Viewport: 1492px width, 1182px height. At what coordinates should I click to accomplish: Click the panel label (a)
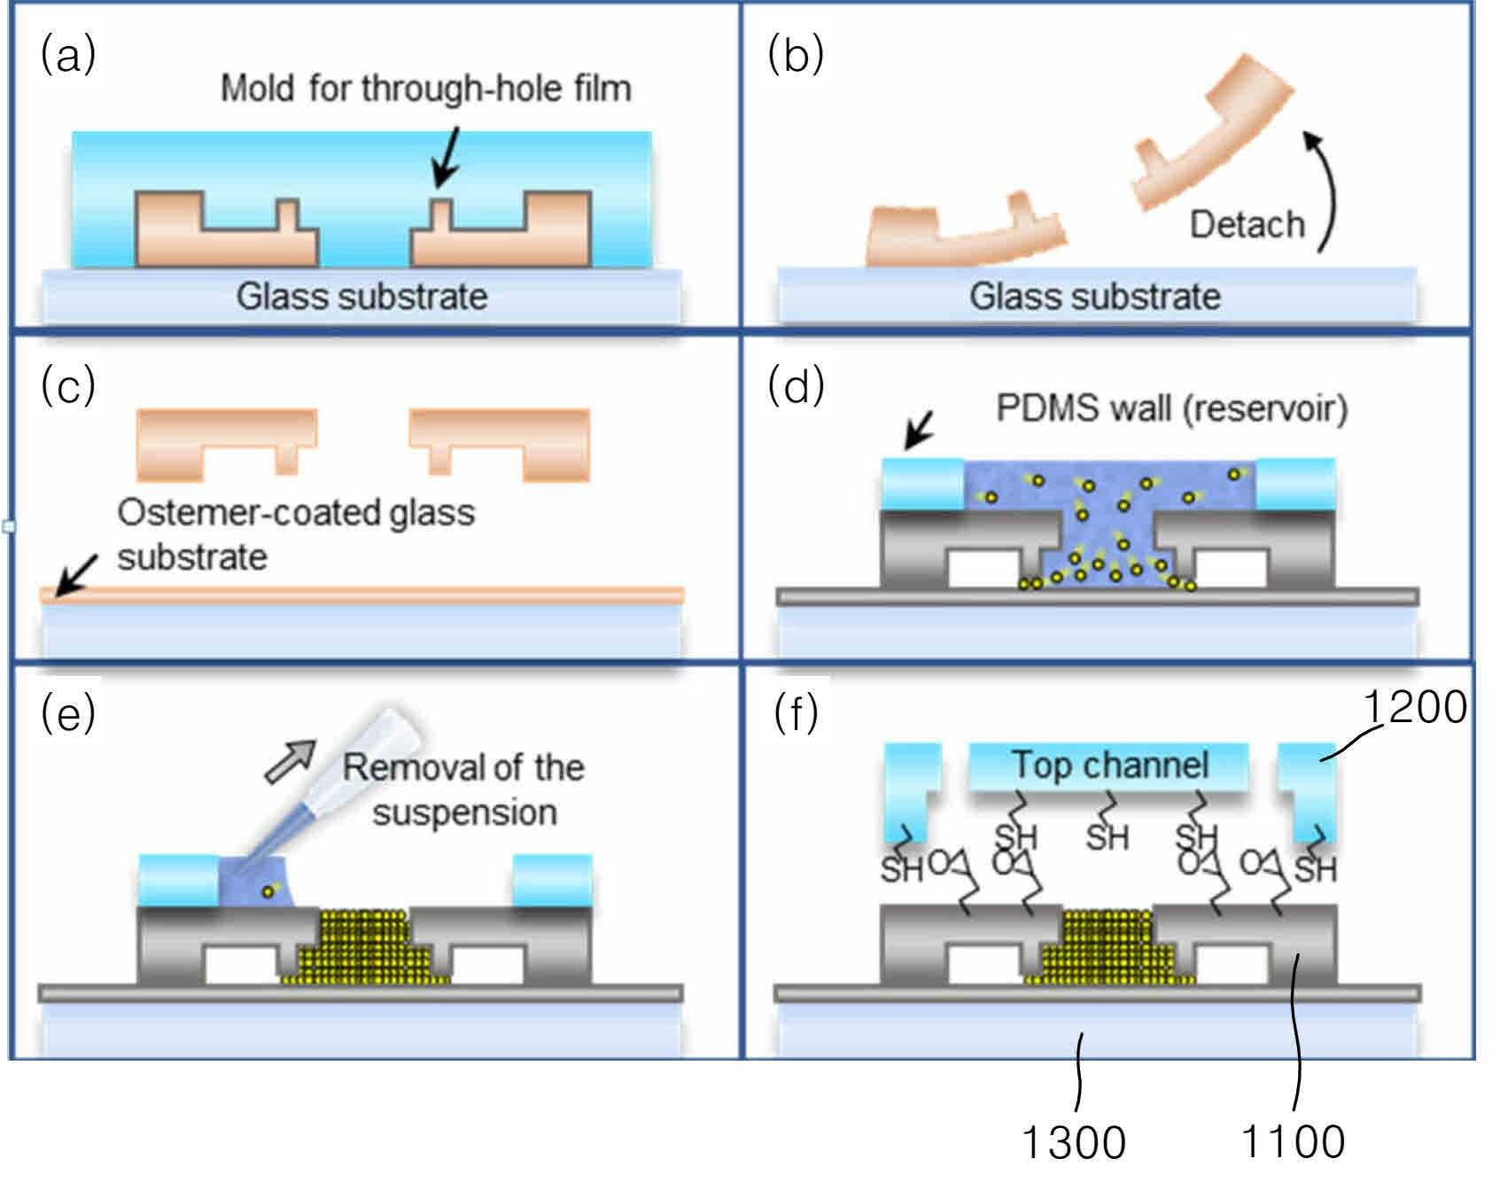(68, 56)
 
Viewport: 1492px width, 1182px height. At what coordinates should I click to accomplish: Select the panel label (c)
(68, 386)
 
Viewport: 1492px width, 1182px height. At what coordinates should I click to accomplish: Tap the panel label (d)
(797, 386)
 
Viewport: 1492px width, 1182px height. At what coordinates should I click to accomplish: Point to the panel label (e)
(68, 714)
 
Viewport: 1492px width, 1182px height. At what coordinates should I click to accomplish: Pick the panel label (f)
(795, 714)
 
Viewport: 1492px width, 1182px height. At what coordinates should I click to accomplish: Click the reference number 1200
(1414, 708)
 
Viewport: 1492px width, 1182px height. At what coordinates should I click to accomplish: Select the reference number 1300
(1074, 1142)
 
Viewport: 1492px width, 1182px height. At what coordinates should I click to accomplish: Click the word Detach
(1247, 224)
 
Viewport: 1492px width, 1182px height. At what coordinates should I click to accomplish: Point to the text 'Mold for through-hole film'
(425, 89)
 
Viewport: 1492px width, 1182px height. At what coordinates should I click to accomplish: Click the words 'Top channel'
(1110, 764)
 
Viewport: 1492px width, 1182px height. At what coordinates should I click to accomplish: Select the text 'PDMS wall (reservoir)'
(1171, 408)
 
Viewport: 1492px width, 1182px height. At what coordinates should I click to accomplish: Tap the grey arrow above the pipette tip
(291, 761)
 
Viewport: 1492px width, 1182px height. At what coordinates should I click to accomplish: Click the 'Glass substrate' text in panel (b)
(1095, 296)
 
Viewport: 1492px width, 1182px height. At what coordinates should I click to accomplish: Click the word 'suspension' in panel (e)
(464, 813)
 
